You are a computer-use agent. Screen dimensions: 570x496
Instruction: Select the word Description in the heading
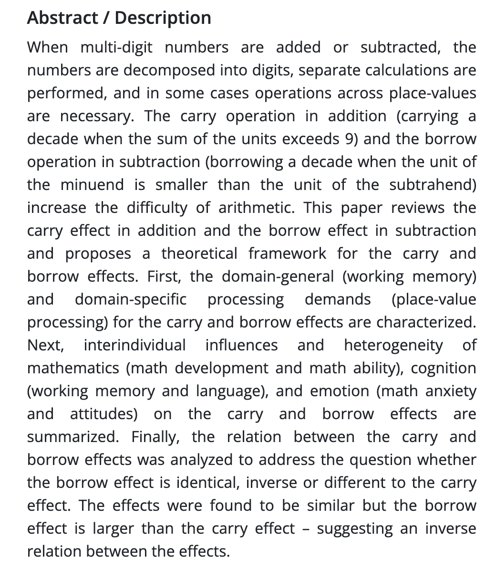click(163, 18)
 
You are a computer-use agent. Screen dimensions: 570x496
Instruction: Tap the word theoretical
click(199, 253)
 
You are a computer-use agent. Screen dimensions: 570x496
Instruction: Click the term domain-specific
click(130, 299)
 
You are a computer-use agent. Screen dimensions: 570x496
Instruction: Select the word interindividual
click(134, 345)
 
